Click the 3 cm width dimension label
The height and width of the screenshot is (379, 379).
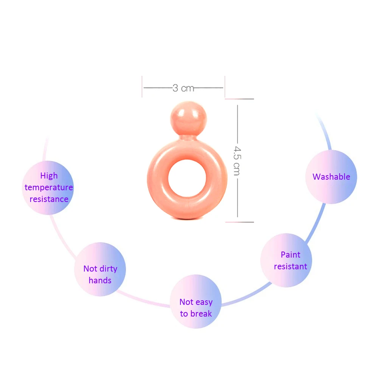(x=183, y=88)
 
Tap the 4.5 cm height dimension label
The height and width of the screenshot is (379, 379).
(x=237, y=161)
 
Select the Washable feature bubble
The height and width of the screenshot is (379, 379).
(x=331, y=177)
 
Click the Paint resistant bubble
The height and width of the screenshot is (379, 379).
(x=286, y=260)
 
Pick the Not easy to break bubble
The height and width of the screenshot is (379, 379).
(x=196, y=301)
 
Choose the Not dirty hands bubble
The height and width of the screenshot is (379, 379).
(x=100, y=269)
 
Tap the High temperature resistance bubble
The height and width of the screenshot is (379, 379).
(x=48, y=188)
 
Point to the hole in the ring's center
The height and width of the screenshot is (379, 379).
(x=187, y=179)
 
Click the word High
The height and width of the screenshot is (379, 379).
(x=49, y=176)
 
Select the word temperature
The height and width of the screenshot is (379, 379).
(x=49, y=187)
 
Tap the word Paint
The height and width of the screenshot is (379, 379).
(x=290, y=255)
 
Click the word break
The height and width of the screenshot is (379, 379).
(x=201, y=314)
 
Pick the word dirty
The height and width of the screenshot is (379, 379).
(x=108, y=269)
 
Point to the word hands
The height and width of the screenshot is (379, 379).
(x=100, y=280)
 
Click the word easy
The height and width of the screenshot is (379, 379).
(x=204, y=302)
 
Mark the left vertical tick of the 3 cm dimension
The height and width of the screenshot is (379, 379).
(x=142, y=87)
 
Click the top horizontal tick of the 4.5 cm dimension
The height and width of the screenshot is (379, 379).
(x=239, y=99)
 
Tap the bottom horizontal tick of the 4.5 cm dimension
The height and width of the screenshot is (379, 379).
(x=239, y=222)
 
